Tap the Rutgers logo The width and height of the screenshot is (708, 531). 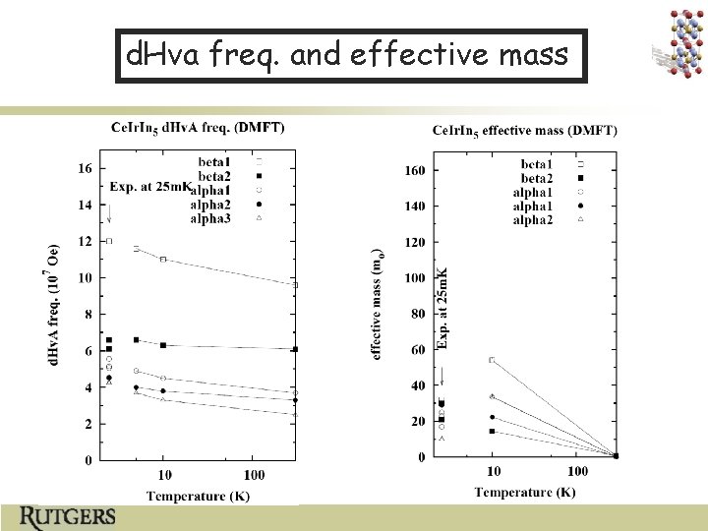(x=68, y=516)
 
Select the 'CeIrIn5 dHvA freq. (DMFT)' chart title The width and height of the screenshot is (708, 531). (x=198, y=127)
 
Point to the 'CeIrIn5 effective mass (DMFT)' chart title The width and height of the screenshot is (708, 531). (x=525, y=131)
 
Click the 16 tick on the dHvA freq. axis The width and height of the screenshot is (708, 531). (x=85, y=168)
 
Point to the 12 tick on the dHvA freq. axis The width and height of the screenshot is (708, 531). (x=85, y=241)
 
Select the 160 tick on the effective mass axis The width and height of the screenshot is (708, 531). (x=415, y=170)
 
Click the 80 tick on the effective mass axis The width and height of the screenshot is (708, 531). (x=418, y=314)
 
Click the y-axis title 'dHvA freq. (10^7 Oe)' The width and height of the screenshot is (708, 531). (x=55, y=307)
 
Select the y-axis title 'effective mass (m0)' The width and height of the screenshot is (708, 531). (x=377, y=307)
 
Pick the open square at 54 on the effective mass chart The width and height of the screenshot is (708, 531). (x=492, y=360)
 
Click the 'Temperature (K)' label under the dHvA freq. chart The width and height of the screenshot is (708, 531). (x=198, y=495)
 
